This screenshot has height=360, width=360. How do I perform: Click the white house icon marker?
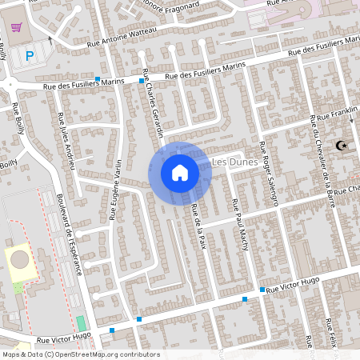tap(179, 172)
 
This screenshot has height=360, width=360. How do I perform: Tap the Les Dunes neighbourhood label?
tap(234, 162)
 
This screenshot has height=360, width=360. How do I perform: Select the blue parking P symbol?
tap(30, 56)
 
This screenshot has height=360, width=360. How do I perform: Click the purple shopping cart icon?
tap(16, 28)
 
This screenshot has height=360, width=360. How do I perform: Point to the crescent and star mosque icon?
tap(342, 146)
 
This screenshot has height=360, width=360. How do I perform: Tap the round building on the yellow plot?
tap(20, 260)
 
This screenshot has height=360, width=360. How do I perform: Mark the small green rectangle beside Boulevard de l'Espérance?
tap(80, 324)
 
